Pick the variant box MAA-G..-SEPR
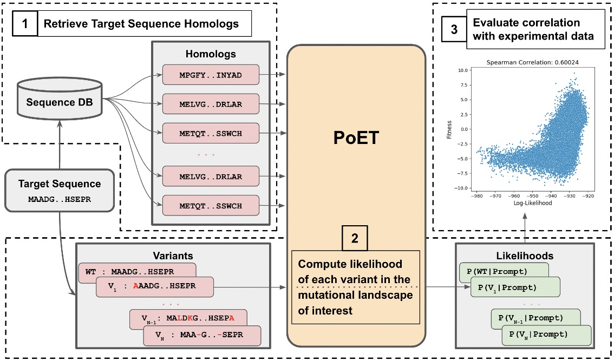coord(201,336)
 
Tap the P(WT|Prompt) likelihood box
coord(504,271)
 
